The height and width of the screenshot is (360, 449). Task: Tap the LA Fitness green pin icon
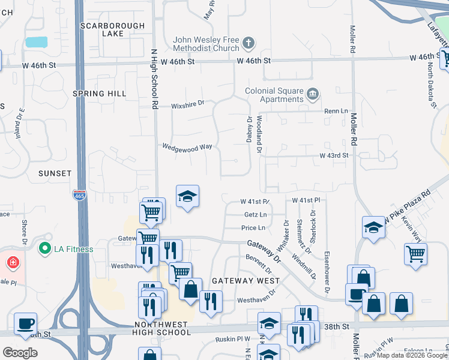(44, 248)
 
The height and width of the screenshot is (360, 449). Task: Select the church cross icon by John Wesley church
(249, 43)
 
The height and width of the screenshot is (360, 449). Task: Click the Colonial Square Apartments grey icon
(312, 94)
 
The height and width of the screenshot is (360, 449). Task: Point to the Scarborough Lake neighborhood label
(112, 30)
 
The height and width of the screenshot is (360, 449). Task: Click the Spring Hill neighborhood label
(99, 94)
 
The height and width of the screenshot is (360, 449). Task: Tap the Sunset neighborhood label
(55, 173)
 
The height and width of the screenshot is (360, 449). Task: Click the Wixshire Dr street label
(187, 103)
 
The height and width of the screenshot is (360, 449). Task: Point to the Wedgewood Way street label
(187, 146)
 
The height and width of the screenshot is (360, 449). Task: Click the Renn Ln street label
(336, 111)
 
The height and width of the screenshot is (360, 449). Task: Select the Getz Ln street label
(255, 214)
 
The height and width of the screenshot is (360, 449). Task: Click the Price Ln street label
(253, 228)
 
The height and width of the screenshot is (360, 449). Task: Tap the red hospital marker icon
(13, 262)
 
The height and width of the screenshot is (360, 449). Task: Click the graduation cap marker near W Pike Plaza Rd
(373, 227)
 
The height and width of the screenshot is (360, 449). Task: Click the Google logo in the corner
(20, 352)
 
